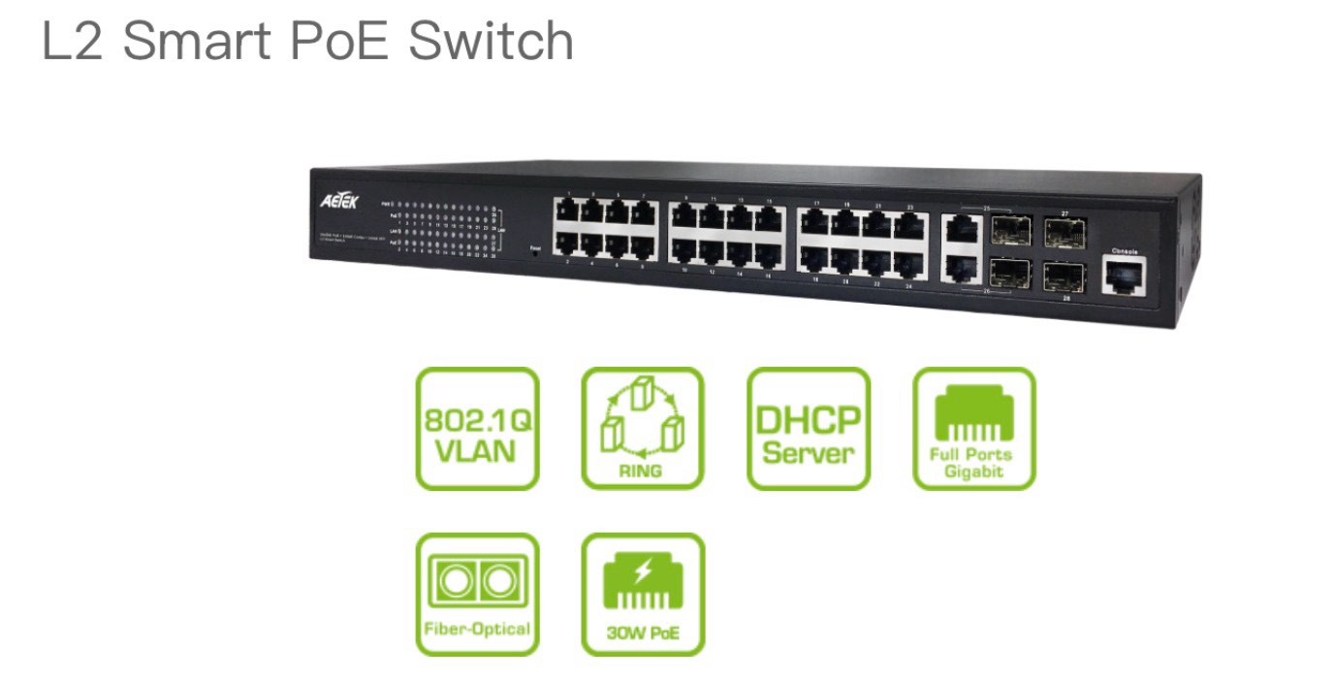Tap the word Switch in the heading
491,41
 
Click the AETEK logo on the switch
340,201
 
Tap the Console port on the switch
1125,276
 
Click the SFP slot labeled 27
1064,232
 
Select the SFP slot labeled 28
1064,275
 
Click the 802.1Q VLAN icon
477,428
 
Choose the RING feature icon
643,428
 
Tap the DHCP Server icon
809,428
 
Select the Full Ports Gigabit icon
974,428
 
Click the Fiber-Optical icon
477,594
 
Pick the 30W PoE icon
643,594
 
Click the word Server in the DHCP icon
809,453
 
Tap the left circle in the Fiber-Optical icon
456,581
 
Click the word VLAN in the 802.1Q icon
477,452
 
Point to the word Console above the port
1124,250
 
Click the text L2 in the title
73,41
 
